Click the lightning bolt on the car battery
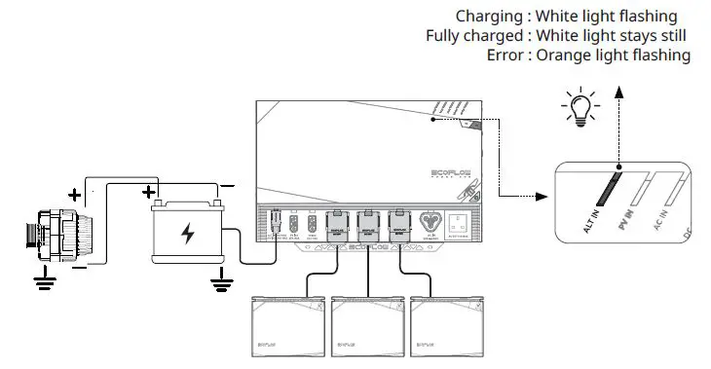point(187,235)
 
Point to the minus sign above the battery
point(226,183)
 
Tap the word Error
point(505,55)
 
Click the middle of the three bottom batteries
point(366,325)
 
